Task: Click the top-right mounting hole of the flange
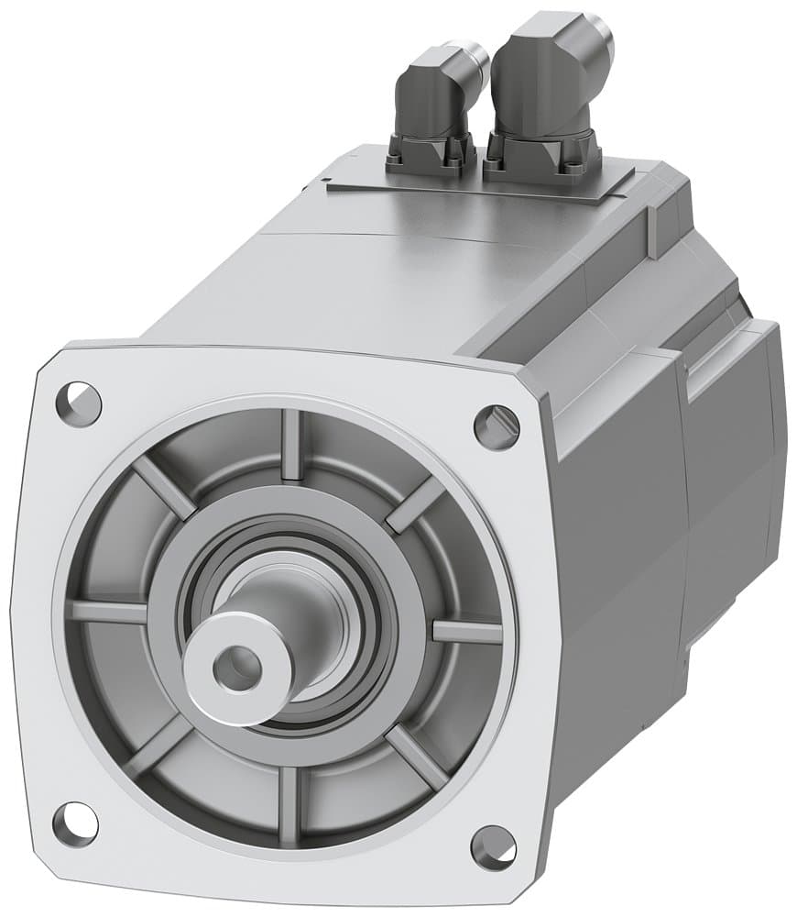click(496, 425)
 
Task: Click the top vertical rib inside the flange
click(291, 444)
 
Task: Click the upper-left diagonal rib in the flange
click(164, 487)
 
